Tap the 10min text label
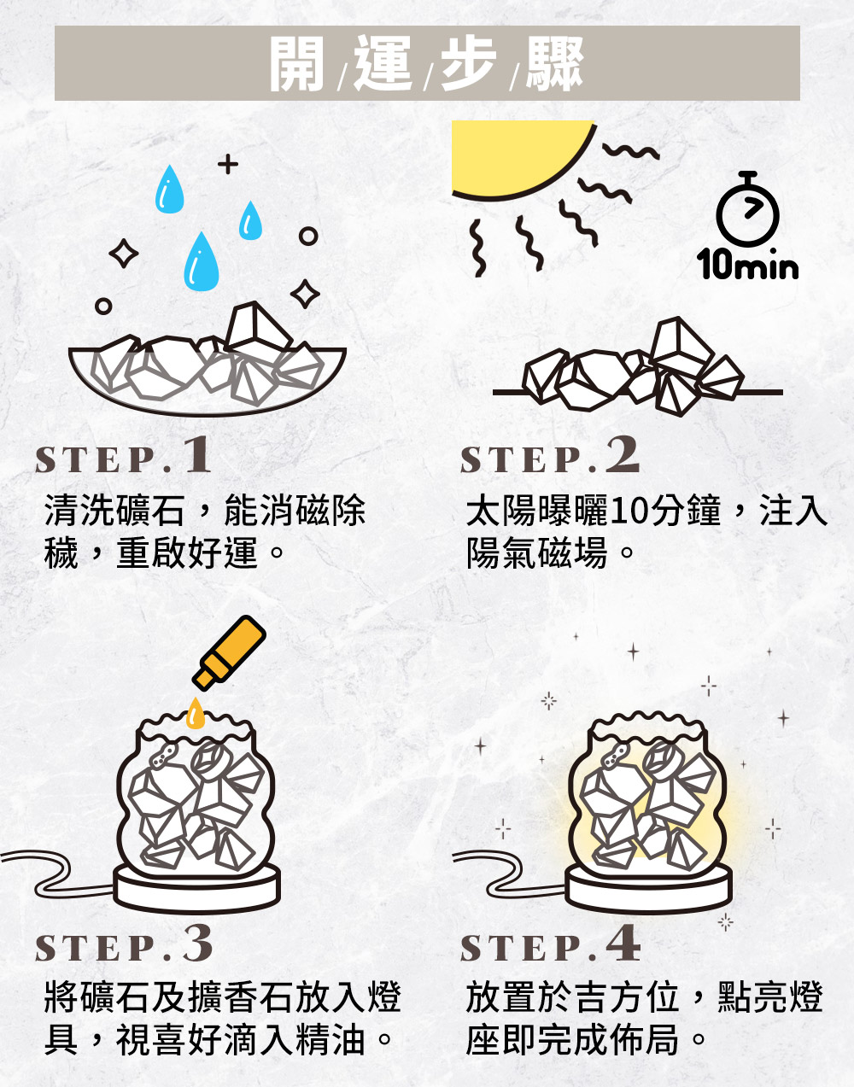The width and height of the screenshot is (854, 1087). point(747,264)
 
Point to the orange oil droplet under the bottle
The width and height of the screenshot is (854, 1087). point(195,715)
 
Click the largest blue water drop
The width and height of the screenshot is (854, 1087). point(202,263)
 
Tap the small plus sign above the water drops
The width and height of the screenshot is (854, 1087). point(228,164)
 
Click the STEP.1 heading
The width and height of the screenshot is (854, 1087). point(123,455)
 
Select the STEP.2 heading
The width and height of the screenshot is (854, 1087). point(549,455)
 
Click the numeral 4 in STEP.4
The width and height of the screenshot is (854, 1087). point(623,944)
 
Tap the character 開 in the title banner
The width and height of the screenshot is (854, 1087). point(296,63)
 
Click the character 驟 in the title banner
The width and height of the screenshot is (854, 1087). point(555,63)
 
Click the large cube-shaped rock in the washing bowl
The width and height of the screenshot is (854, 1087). point(257,328)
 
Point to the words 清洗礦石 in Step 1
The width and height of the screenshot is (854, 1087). point(114,511)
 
